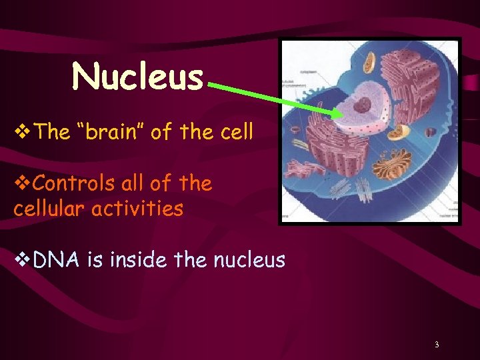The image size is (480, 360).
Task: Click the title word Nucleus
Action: [137, 76]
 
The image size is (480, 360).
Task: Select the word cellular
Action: [49, 209]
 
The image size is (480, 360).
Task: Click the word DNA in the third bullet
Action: [57, 259]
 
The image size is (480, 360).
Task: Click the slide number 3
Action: [436, 345]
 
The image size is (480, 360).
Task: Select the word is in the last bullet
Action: [94, 259]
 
